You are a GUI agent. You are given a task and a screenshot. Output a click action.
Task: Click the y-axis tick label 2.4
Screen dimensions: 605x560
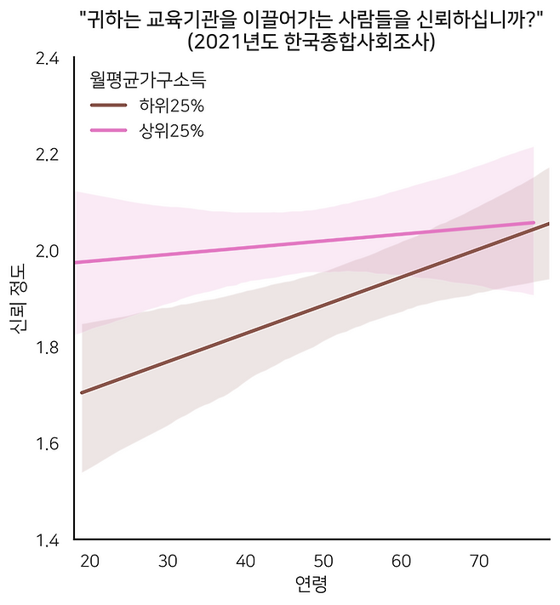pyautogui.click(x=47, y=59)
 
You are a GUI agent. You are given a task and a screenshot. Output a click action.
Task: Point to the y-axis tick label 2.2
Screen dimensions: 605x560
pyautogui.click(x=47, y=155)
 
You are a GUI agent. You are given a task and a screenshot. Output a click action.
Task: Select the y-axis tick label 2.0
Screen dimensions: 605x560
pyautogui.click(x=47, y=251)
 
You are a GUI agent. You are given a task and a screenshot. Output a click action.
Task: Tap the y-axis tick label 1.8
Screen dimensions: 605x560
pyautogui.click(x=47, y=347)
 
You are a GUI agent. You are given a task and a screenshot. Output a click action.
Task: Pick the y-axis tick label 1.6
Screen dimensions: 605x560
pyautogui.click(x=47, y=443)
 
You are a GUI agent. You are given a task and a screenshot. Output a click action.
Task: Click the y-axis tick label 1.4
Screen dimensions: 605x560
pyautogui.click(x=47, y=539)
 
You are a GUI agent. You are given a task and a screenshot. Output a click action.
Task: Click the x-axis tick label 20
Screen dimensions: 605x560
pyautogui.click(x=91, y=561)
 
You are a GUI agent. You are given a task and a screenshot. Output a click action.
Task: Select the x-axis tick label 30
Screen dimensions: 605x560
pyautogui.click(x=169, y=561)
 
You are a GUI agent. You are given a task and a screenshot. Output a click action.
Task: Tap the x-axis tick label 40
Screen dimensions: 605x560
pyautogui.click(x=246, y=561)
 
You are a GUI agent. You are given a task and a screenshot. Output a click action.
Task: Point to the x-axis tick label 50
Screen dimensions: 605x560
pyautogui.click(x=323, y=561)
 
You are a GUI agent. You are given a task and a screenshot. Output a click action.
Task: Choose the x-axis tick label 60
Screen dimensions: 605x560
pyautogui.click(x=402, y=561)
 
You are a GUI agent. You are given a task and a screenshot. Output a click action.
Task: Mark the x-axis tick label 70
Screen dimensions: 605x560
pyautogui.click(x=479, y=561)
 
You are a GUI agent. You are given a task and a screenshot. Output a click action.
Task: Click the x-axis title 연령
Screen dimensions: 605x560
pyautogui.click(x=311, y=585)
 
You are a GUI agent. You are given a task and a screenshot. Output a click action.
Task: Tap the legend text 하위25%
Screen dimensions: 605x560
pyautogui.click(x=171, y=106)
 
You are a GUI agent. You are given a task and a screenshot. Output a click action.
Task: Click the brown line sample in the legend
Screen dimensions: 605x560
pyautogui.click(x=109, y=106)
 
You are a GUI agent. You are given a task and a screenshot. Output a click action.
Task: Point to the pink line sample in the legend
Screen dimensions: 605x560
pyautogui.click(x=109, y=130)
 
